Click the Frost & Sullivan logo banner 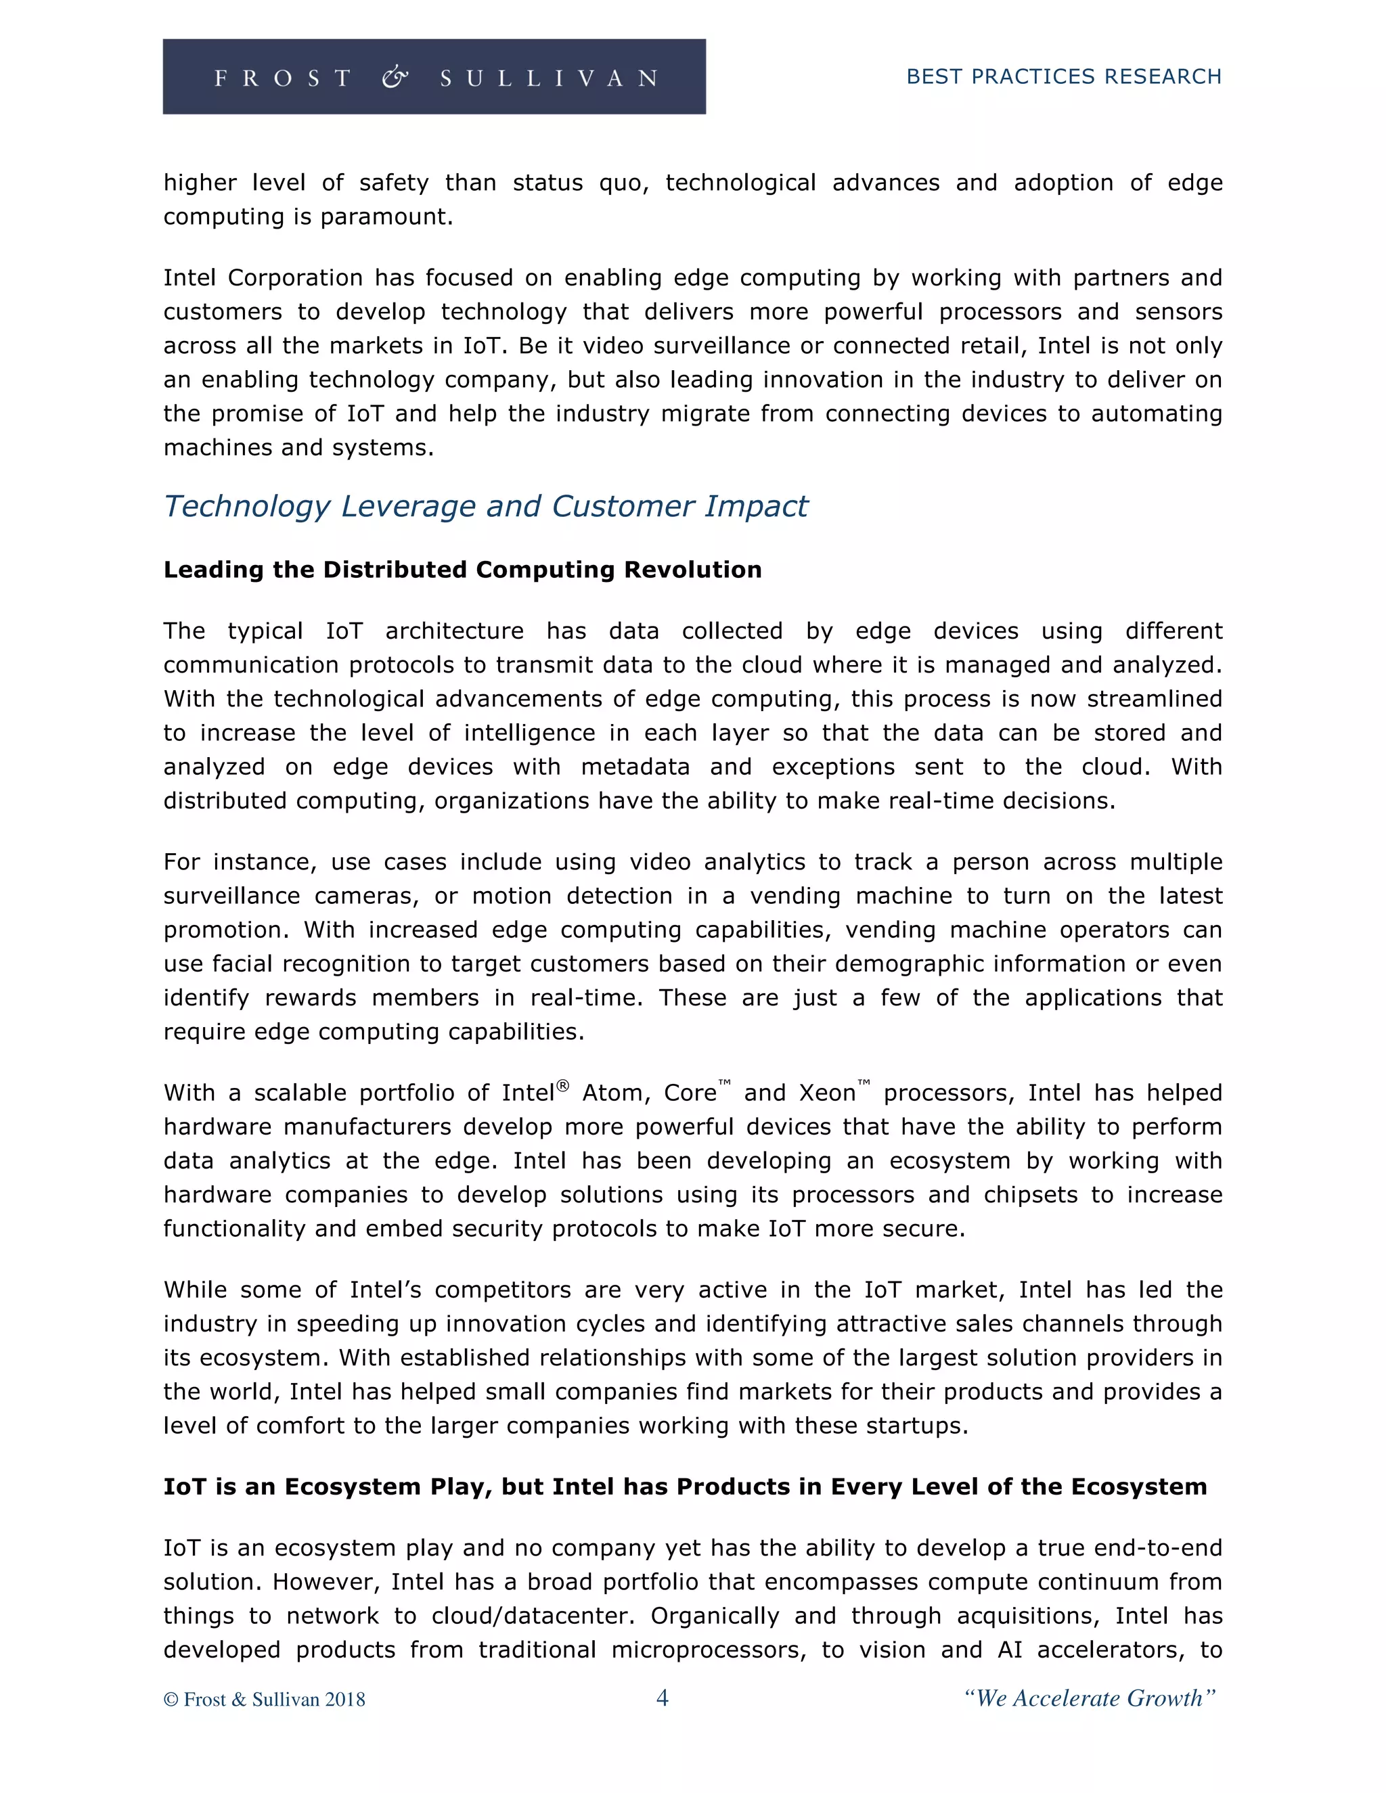coord(434,76)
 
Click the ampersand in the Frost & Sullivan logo coord(395,78)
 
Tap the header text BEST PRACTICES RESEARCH coord(1063,76)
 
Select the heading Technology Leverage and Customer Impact coord(485,507)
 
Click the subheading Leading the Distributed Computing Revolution coord(462,570)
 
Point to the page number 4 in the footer coord(663,1698)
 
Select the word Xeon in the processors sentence coord(827,1093)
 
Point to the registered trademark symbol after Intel coord(562,1085)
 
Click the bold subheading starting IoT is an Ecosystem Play coord(685,1486)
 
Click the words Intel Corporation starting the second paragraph coord(263,278)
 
